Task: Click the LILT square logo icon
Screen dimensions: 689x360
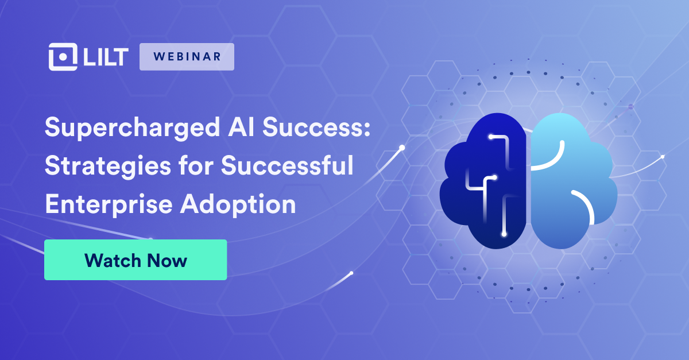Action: click(x=63, y=57)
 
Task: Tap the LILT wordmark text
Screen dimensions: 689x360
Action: click(x=106, y=57)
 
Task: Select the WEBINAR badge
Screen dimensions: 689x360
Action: click(x=187, y=57)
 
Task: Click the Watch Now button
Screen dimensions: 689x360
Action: click(x=136, y=260)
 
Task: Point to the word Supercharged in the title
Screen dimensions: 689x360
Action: click(x=133, y=128)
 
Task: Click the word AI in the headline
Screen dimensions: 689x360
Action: click(x=241, y=126)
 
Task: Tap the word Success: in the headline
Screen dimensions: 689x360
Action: click(x=316, y=126)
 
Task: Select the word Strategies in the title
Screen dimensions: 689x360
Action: click(x=108, y=167)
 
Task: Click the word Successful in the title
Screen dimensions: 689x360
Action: click(x=287, y=165)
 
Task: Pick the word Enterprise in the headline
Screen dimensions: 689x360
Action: click(x=109, y=204)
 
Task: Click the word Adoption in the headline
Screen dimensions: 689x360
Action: click(x=238, y=204)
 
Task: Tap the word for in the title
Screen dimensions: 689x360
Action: click(x=196, y=165)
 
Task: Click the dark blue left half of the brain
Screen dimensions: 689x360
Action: click(x=483, y=181)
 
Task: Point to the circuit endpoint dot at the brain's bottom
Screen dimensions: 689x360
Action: click(x=504, y=234)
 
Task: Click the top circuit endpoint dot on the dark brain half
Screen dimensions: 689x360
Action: click(x=491, y=137)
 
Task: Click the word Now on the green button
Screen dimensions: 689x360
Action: click(x=167, y=261)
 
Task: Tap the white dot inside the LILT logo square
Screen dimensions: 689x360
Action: click(x=63, y=57)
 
